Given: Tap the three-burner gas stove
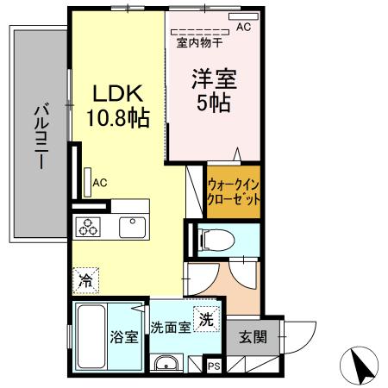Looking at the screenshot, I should pyautogui.click(x=89, y=228).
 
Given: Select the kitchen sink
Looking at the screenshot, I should pyautogui.click(x=133, y=227).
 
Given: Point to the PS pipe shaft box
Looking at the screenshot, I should pyautogui.click(x=214, y=366).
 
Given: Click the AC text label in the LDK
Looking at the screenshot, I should pyautogui.click(x=100, y=182).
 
